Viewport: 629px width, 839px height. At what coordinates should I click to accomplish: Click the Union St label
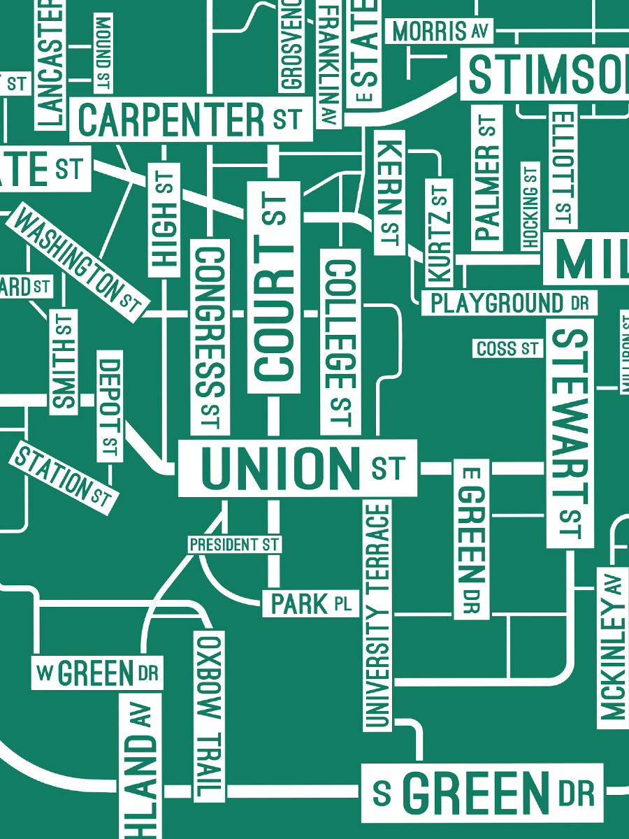(298, 468)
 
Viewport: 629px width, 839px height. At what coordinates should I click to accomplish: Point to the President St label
(234, 544)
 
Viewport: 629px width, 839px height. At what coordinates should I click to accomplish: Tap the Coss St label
(507, 348)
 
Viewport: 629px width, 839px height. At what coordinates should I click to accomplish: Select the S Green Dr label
(482, 793)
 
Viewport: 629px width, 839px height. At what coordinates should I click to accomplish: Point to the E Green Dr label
(472, 539)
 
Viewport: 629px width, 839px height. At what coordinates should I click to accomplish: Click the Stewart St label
(570, 433)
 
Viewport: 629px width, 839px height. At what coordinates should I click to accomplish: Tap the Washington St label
(78, 262)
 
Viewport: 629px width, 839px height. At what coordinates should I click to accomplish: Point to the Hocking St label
(530, 206)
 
